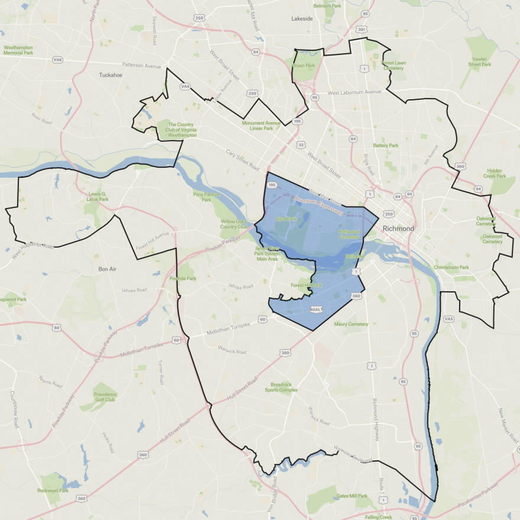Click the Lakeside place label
point(301,19)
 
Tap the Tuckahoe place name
point(110,75)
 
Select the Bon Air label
point(109,269)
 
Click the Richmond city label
point(399,228)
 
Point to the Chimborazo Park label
point(451,267)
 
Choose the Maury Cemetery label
point(351,324)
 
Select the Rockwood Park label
point(53,490)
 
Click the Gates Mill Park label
point(352,496)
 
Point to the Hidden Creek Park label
point(495,172)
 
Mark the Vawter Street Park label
point(480,61)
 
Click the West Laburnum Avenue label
point(355,92)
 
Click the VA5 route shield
point(449,319)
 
